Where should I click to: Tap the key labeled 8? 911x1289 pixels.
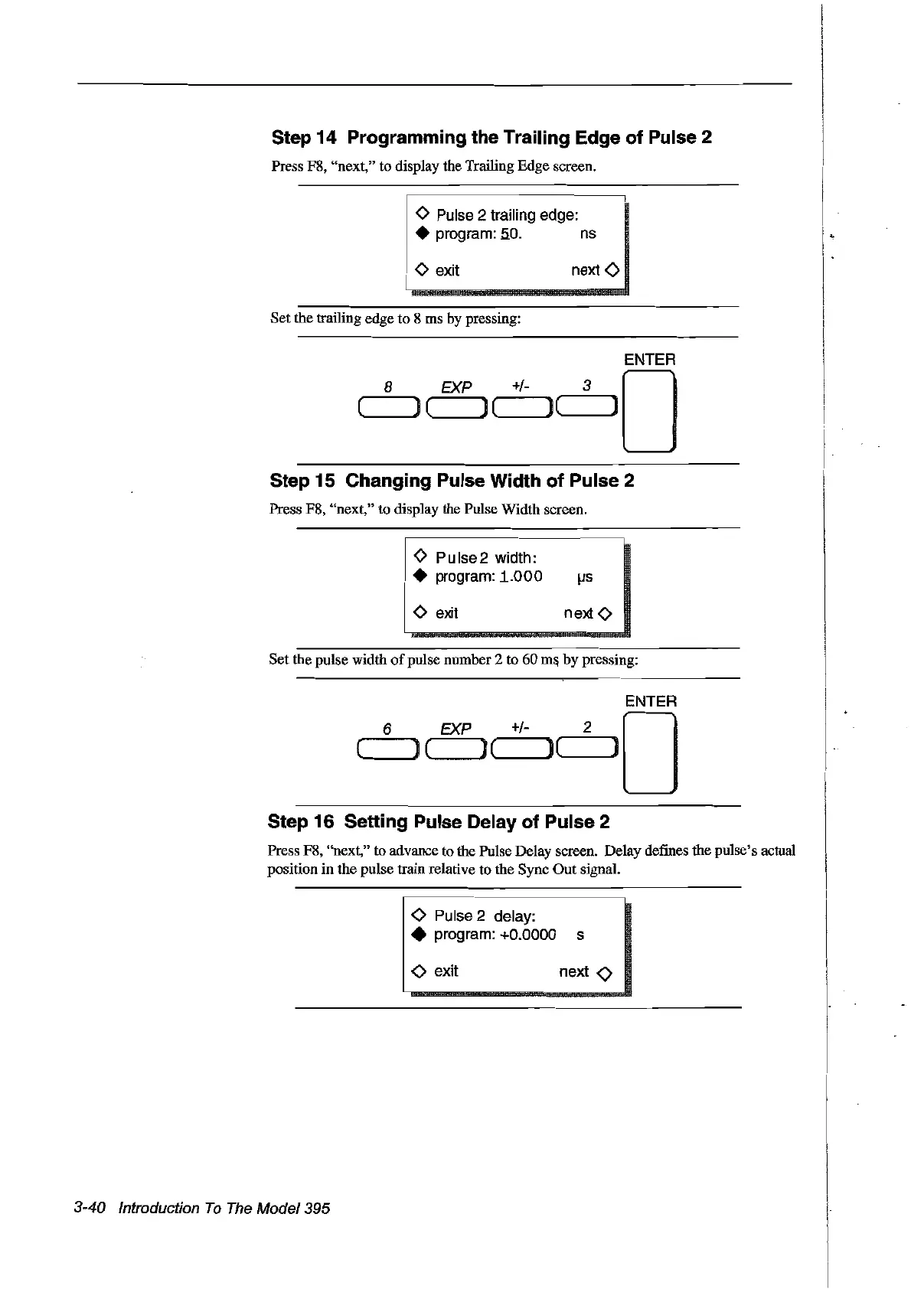coord(388,408)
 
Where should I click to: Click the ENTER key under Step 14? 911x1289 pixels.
coord(649,411)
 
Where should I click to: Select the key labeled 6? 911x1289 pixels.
coord(387,749)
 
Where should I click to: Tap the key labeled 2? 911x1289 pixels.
coord(588,749)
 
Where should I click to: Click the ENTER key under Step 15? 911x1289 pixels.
coord(650,752)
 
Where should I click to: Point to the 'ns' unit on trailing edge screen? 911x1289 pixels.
coord(587,233)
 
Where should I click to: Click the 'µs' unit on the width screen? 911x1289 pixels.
coord(584,577)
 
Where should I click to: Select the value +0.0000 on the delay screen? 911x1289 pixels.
coord(527,935)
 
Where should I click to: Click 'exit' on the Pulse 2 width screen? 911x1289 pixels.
coord(446,613)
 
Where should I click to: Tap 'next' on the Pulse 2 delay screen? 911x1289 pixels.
coord(574,971)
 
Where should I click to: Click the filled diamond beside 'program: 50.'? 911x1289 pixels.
coord(420,233)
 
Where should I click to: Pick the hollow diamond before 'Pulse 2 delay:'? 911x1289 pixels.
coord(418,915)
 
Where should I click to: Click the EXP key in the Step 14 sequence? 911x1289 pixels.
coord(457,408)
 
